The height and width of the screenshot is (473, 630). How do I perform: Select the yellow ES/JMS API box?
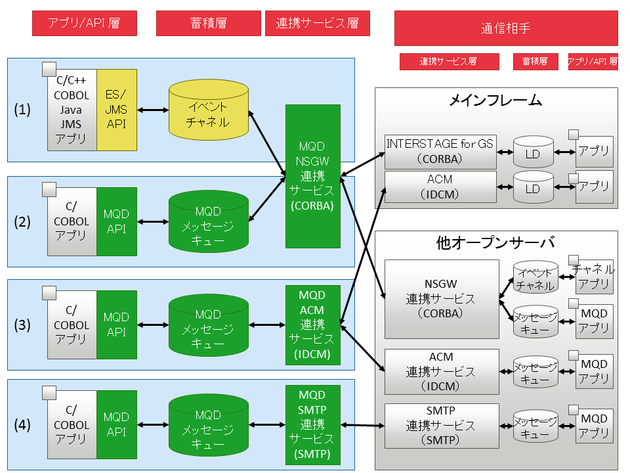[x=116, y=109]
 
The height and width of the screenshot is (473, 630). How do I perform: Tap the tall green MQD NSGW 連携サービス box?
[x=313, y=176]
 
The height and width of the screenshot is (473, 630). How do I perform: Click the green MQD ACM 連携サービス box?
[x=313, y=324]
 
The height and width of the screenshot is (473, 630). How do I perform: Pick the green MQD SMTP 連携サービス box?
[x=313, y=424]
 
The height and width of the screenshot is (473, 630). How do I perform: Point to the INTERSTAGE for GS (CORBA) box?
[x=439, y=152]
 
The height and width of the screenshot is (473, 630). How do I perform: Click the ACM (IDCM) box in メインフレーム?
[x=439, y=187]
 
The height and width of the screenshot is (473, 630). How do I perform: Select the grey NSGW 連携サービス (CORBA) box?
[x=442, y=298]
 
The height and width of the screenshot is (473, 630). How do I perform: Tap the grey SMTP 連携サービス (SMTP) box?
[x=442, y=424]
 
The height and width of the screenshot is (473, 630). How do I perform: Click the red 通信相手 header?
[x=506, y=28]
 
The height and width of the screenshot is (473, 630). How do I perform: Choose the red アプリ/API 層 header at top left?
[x=84, y=24]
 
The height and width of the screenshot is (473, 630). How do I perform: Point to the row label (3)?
[x=23, y=325]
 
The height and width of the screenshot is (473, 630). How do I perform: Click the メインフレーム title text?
[x=495, y=101]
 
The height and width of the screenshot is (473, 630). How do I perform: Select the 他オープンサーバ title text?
[x=495, y=242]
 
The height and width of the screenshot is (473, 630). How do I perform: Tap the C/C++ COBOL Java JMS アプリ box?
[x=72, y=109]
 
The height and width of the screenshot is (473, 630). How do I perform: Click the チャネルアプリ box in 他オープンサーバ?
[x=594, y=277]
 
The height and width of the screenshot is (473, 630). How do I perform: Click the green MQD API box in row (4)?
[x=116, y=424]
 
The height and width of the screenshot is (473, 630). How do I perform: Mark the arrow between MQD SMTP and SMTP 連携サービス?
[x=362, y=426]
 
